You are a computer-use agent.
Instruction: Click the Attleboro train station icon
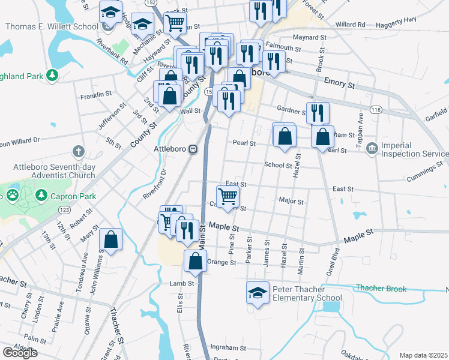pos(193,149)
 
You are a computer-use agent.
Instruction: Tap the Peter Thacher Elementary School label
pos(307,293)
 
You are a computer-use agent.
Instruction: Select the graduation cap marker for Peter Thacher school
pos(258,293)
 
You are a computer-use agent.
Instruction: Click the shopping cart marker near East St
pos(228,196)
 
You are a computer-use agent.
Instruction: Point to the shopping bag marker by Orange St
pos(196,261)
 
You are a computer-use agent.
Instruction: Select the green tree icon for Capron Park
pos(41,195)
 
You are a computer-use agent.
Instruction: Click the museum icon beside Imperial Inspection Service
pos(372,147)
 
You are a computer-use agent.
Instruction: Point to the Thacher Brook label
pos(381,289)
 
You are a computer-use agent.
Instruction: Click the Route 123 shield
pos(63,210)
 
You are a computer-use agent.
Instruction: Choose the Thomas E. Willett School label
pos(52,27)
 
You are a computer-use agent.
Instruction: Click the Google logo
pos(20,353)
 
